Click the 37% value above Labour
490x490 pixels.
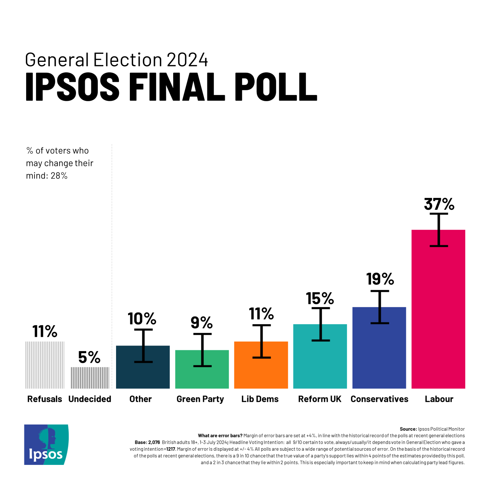(x=439, y=204)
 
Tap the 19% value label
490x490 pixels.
(x=380, y=279)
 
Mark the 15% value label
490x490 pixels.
(x=320, y=299)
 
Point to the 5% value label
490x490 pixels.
(x=89, y=357)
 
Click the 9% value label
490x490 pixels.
(x=202, y=322)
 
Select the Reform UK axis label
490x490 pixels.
(x=320, y=399)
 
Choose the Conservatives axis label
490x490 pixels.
(x=379, y=399)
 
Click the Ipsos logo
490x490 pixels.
(x=46, y=445)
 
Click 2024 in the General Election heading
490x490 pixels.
(x=187, y=60)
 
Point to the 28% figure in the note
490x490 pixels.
(x=59, y=176)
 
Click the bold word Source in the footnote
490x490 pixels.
(x=408, y=429)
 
